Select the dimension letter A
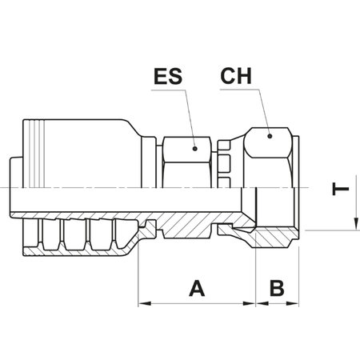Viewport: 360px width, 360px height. pyautogui.click(x=194, y=287)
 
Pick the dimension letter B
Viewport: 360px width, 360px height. pyautogui.click(x=277, y=287)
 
